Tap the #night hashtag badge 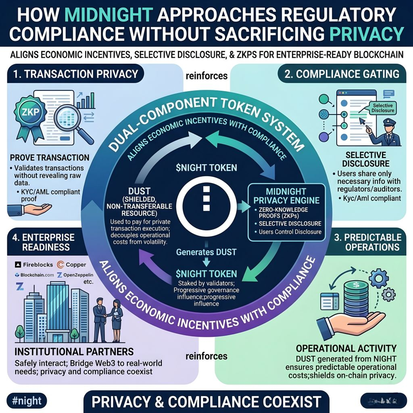coord(27,401)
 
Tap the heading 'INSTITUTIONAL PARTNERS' coord(74,350)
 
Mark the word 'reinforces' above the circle coord(206,76)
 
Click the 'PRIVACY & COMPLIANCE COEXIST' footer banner coord(206,402)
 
